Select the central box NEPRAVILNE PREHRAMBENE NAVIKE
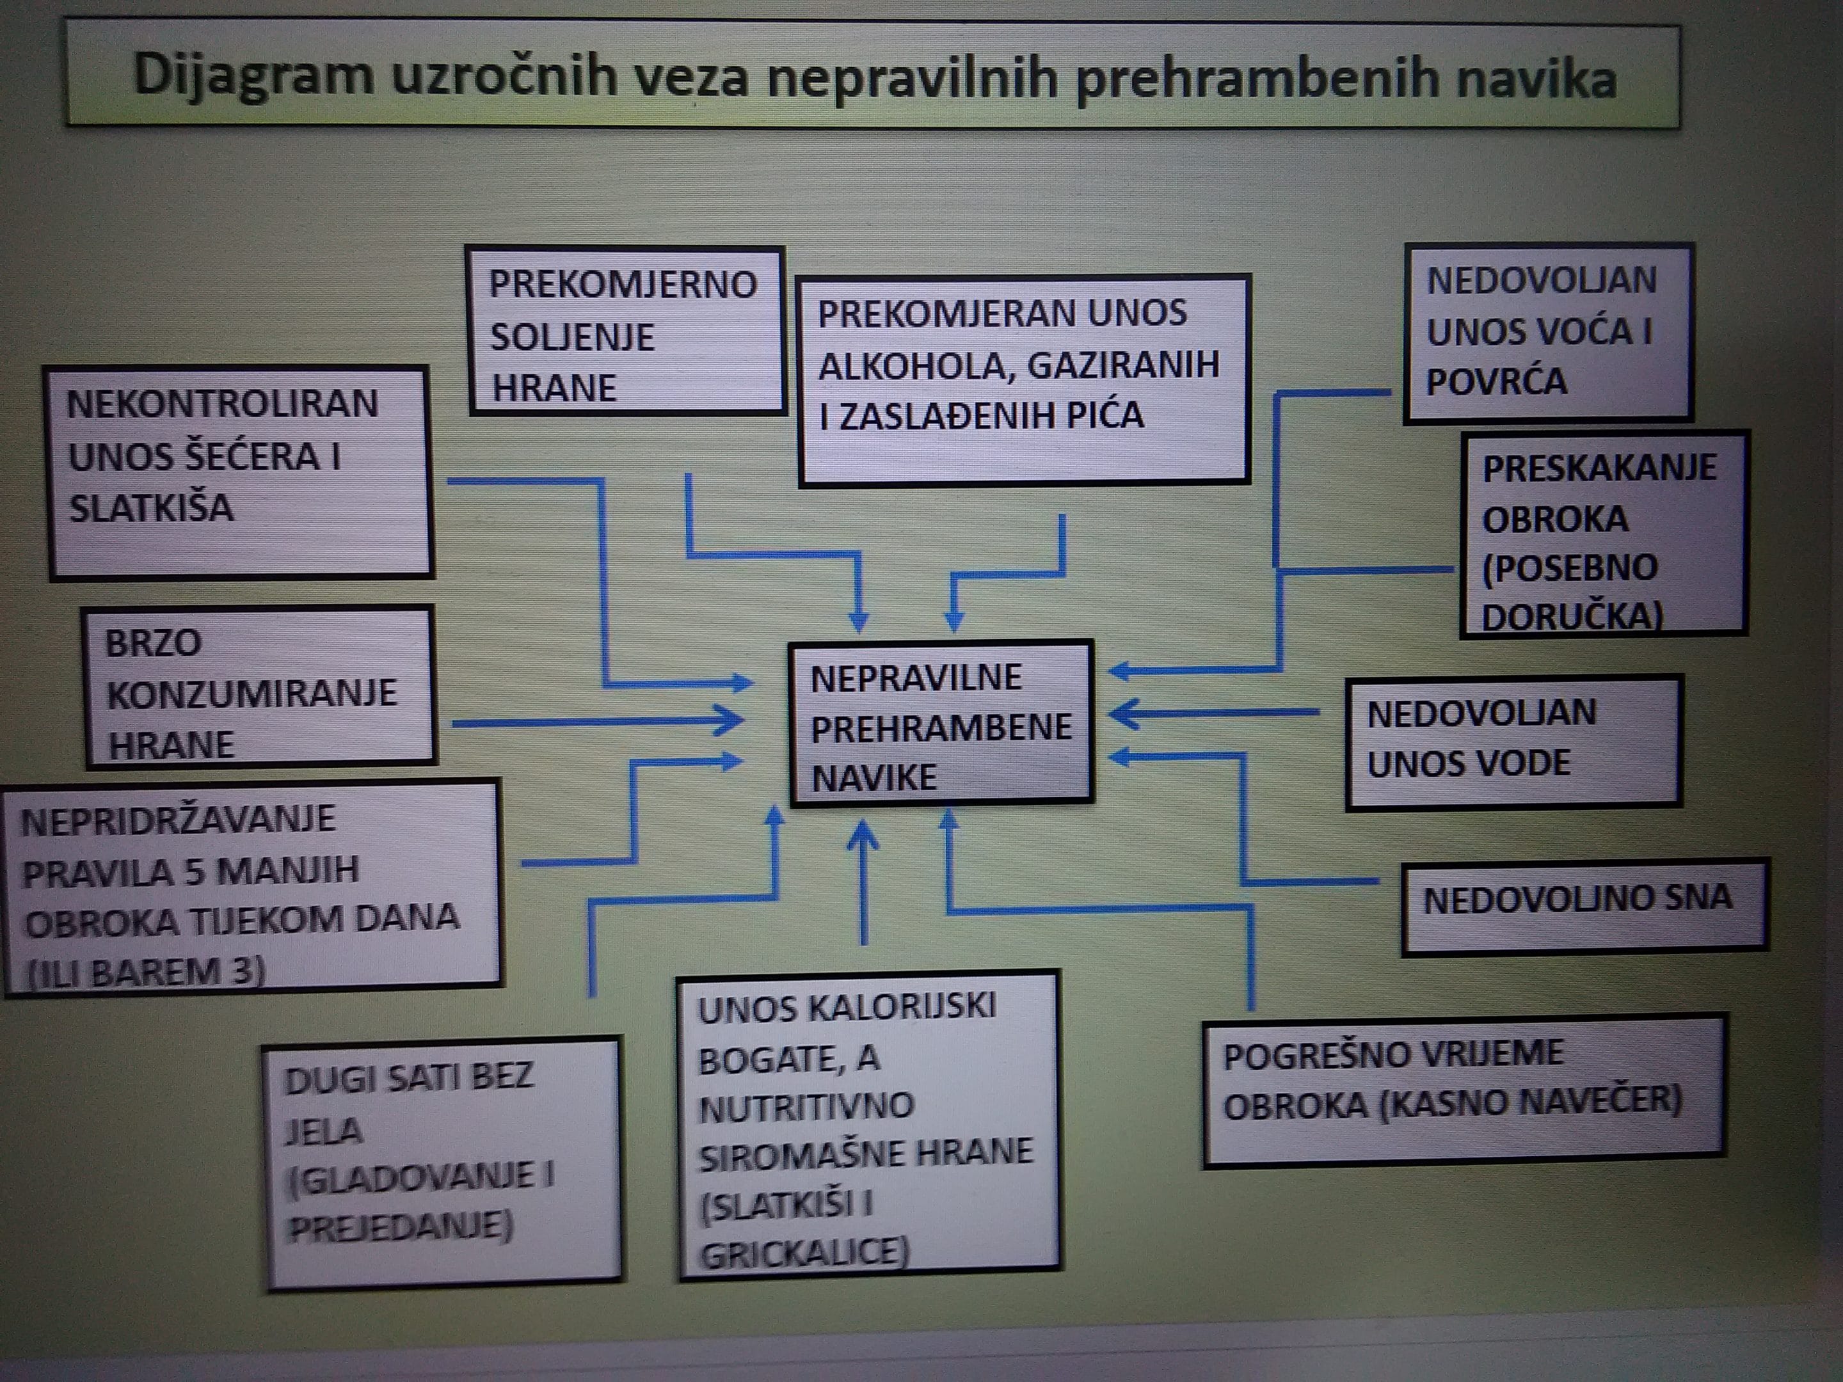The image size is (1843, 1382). [941, 723]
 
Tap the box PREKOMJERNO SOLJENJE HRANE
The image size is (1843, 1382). [626, 331]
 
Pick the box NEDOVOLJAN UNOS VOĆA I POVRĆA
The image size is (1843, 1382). [1549, 332]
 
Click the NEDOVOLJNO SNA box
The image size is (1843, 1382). [1584, 907]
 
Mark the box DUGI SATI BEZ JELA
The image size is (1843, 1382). [443, 1164]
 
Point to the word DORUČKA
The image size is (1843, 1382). [1572, 616]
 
